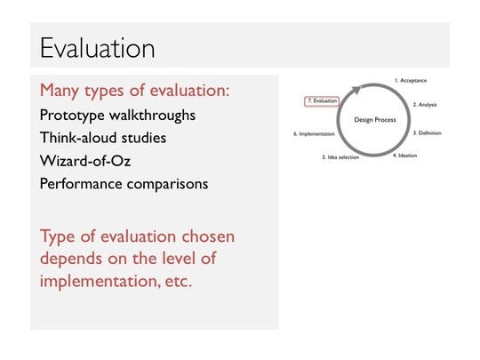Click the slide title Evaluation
point(98,48)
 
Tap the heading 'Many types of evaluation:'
point(135,91)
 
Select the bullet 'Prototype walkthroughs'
point(117,116)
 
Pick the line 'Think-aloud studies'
point(103,138)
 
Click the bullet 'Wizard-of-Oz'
point(85,161)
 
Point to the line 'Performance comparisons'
point(124,184)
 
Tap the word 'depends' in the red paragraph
point(71,259)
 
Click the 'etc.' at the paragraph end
point(179,282)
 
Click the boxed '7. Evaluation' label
point(322,101)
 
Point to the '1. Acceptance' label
point(411,81)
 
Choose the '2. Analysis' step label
point(425,105)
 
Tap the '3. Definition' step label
point(427,133)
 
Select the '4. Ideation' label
point(405,156)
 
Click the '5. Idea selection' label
point(340,157)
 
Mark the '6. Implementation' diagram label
point(314,134)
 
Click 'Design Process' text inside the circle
point(375,120)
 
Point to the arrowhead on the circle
point(356,90)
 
